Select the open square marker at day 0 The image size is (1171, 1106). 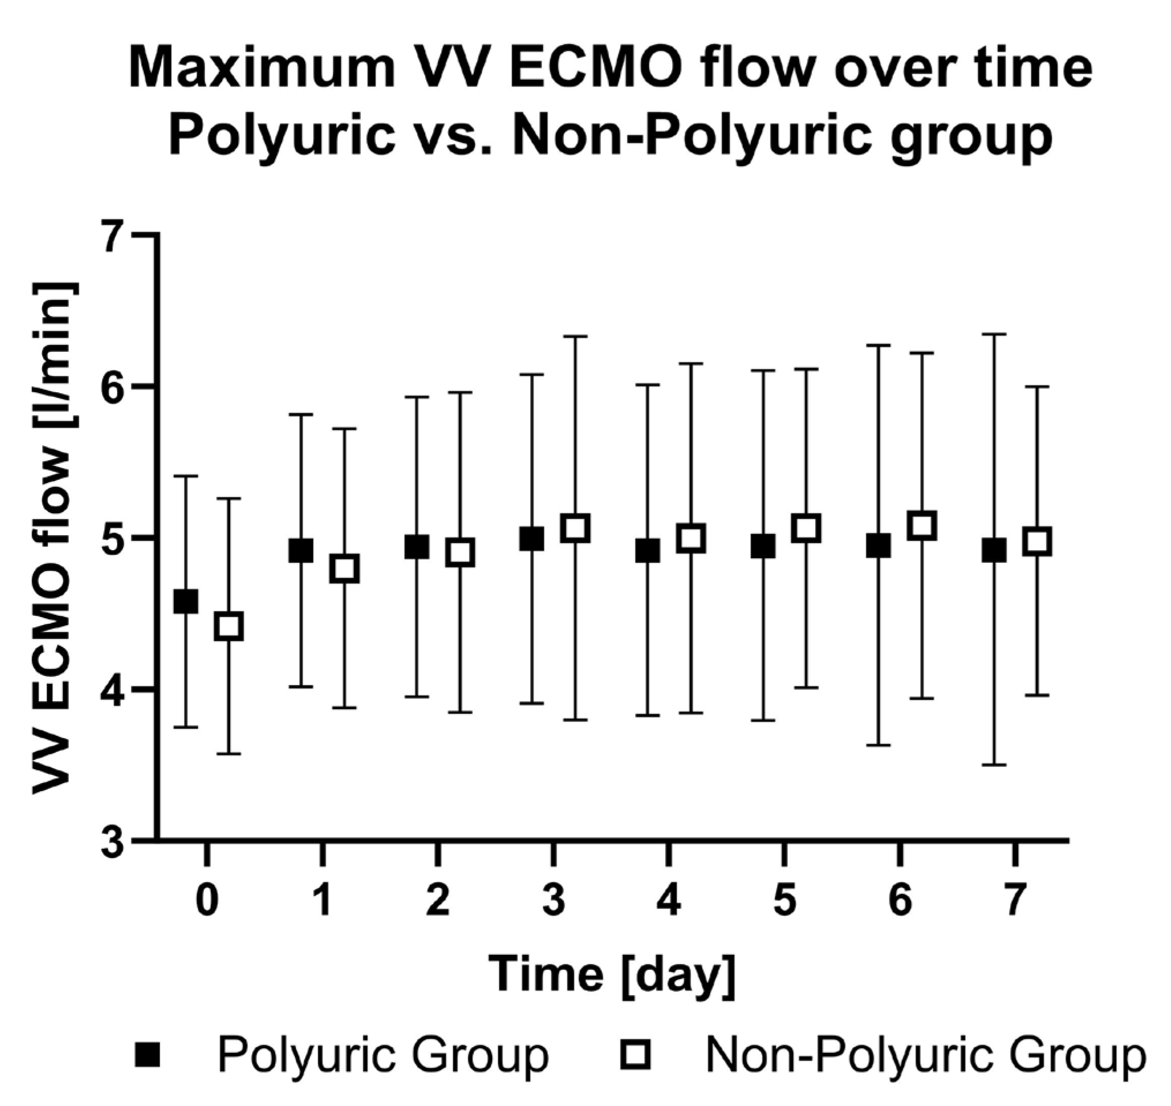229,626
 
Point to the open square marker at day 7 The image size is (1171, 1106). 1038,541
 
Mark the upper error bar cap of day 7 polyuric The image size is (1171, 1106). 994,334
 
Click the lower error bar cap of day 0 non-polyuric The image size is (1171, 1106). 229,754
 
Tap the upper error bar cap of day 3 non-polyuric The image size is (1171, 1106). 576,336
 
